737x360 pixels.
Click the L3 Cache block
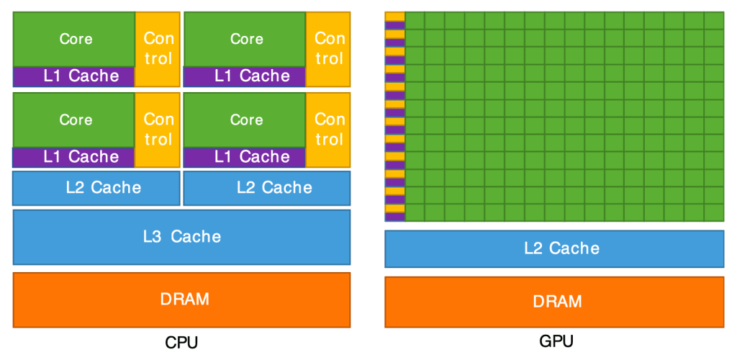point(181,236)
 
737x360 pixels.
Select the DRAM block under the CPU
point(181,300)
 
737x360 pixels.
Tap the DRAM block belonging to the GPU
point(553,302)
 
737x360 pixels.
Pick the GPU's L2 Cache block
point(553,249)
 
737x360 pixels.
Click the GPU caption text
point(556,341)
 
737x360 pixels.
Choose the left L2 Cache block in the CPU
point(96,188)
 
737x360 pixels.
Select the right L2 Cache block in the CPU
point(267,188)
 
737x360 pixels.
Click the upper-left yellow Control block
point(158,48)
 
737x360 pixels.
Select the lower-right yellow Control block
point(328,128)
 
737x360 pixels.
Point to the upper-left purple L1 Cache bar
point(74,76)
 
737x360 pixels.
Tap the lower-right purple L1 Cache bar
point(245,156)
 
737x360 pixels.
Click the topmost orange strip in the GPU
point(394,17)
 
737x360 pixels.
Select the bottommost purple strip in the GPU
point(394,217)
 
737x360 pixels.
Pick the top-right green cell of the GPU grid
point(713,20)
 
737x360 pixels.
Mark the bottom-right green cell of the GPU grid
point(713,212)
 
